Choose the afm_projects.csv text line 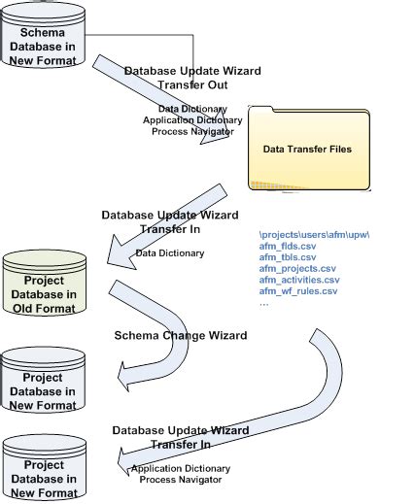tap(297, 268)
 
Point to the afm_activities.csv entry tap(299, 280)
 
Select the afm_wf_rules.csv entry tap(298, 290)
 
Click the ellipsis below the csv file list tap(264, 302)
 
